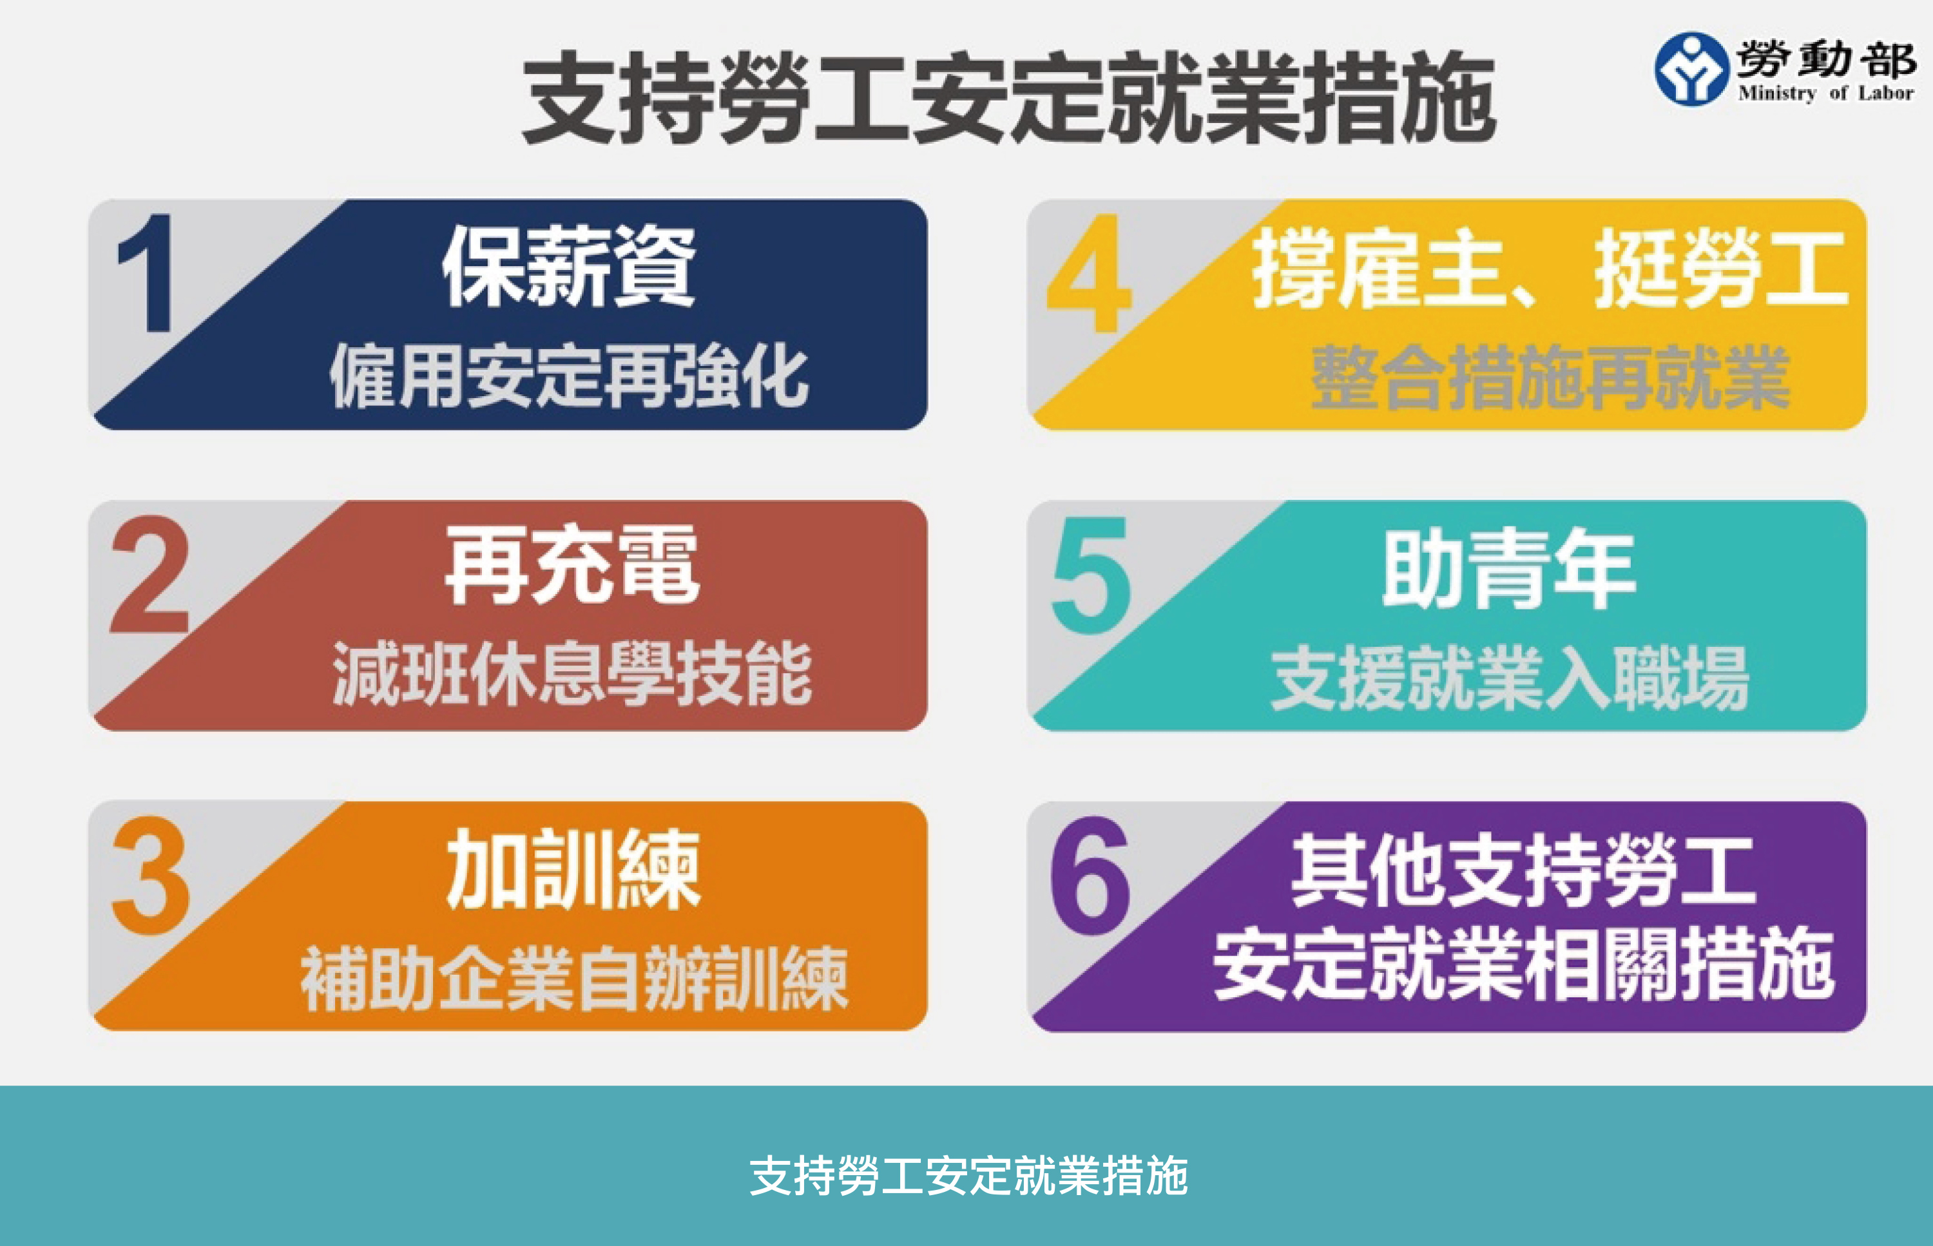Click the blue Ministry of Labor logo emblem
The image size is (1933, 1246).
[x=1691, y=69]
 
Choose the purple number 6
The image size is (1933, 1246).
[x=1090, y=876]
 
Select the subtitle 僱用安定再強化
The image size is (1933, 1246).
[x=569, y=376]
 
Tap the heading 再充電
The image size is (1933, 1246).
[x=572, y=565]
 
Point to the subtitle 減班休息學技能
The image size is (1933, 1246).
[x=572, y=675]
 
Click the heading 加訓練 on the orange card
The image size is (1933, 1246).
[x=573, y=870]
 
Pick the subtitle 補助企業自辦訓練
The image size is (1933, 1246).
[x=573, y=979]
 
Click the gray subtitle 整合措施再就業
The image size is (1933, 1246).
[x=1550, y=377]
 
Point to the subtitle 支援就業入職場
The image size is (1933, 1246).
[x=1510, y=678]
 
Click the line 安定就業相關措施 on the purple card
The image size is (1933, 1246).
[x=1524, y=965]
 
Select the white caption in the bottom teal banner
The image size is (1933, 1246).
[x=968, y=1176]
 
